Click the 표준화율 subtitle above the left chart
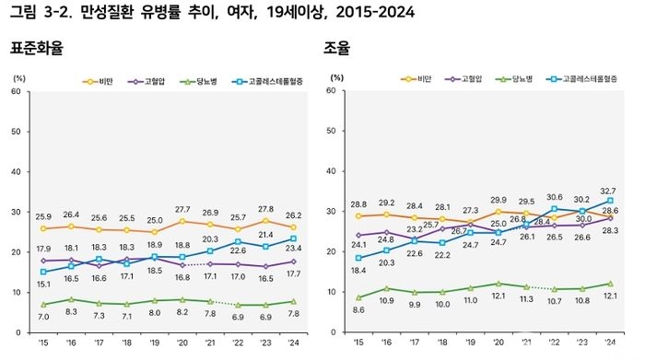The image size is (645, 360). (x=37, y=48)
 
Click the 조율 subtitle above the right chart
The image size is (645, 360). (x=336, y=48)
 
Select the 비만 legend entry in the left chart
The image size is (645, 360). (x=98, y=81)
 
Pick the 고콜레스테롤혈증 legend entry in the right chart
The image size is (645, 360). (x=581, y=79)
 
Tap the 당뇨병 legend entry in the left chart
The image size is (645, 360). (x=198, y=81)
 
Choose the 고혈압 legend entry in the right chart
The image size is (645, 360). (x=463, y=79)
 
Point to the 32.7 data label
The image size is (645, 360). (x=607, y=192)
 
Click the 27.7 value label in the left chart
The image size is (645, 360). (x=182, y=210)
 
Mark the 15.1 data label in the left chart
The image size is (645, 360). (x=43, y=285)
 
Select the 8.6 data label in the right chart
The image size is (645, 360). (x=358, y=310)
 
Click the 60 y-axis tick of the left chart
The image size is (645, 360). (x=16, y=91)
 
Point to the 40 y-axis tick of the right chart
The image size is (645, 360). (x=331, y=171)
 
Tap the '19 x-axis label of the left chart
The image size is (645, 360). (x=154, y=343)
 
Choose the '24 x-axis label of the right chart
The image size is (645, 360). (x=610, y=342)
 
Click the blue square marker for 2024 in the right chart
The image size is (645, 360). (x=610, y=201)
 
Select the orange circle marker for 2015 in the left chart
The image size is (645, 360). (x=43, y=228)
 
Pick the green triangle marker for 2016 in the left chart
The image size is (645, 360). (x=71, y=299)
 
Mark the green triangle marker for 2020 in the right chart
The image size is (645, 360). (x=498, y=284)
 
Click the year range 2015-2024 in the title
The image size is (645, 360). (x=375, y=12)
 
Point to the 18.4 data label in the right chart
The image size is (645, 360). (x=358, y=271)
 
